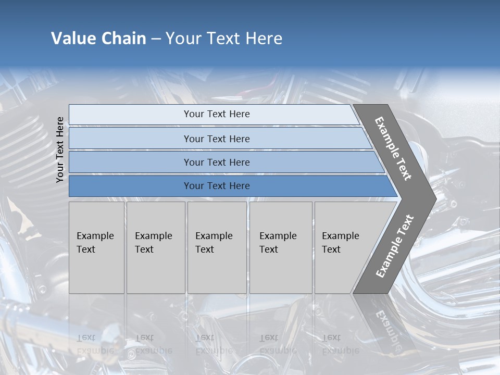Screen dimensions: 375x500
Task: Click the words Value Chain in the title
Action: coord(98,39)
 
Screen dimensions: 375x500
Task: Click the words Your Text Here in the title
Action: coord(224,39)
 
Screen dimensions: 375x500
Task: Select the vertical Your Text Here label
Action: coord(60,149)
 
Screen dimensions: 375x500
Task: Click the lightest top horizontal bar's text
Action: coord(217,114)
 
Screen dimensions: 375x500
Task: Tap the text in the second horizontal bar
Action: coord(217,139)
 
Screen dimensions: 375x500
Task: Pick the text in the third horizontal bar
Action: coord(217,162)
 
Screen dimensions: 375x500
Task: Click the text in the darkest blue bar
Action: coord(217,186)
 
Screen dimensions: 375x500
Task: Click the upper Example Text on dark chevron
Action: coord(393,149)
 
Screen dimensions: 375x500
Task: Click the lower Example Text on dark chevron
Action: coord(395,246)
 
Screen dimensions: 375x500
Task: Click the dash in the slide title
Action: coord(156,39)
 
